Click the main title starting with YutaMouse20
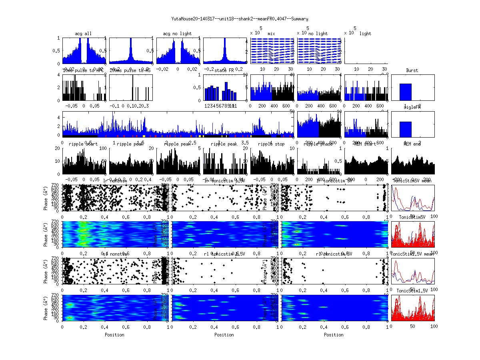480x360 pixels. click(x=240, y=19)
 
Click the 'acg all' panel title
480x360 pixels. click(x=83, y=34)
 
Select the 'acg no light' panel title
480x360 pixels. click(x=177, y=34)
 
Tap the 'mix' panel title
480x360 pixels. click(x=271, y=34)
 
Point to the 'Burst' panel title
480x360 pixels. click(x=412, y=70)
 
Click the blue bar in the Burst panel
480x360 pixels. click(x=406, y=92)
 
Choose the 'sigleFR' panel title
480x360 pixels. click(x=412, y=108)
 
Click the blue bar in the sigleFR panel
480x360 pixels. click(x=406, y=129)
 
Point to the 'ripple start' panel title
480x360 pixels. click(x=83, y=144)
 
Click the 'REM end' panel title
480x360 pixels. click(x=412, y=144)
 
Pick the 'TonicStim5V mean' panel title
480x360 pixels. click(x=412, y=181)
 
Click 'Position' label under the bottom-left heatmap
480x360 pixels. click(x=114, y=334)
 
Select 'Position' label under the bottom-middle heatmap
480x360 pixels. click(x=224, y=334)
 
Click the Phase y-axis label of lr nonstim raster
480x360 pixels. click(x=46, y=198)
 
